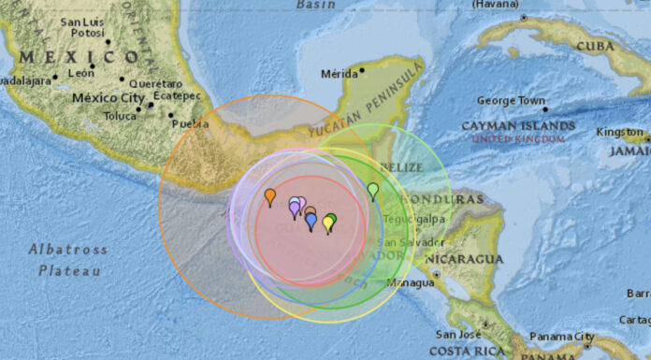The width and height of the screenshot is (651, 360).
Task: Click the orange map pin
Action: tap(270, 196)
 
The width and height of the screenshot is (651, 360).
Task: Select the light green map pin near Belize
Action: tap(373, 191)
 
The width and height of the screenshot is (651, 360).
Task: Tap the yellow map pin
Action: tap(328, 223)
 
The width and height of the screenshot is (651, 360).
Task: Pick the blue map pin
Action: tap(311, 221)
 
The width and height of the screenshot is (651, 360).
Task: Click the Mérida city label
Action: tap(340, 73)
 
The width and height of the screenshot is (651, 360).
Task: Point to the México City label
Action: tap(108, 97)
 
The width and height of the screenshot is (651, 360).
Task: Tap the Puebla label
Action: tap(191, 123)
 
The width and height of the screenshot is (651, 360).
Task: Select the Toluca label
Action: tap(120, 116)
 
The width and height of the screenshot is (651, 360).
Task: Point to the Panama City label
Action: tap(561, 337)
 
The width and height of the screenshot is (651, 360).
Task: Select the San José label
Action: tap(457, 334)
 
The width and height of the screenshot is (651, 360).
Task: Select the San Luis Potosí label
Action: tap(81, 27)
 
